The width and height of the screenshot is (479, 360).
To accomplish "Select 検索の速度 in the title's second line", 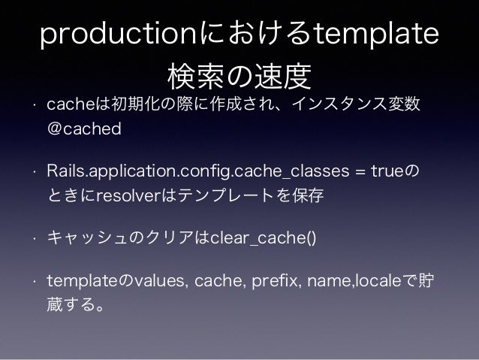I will coord(239,76).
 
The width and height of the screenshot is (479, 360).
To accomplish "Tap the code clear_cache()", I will coord(263,238).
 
